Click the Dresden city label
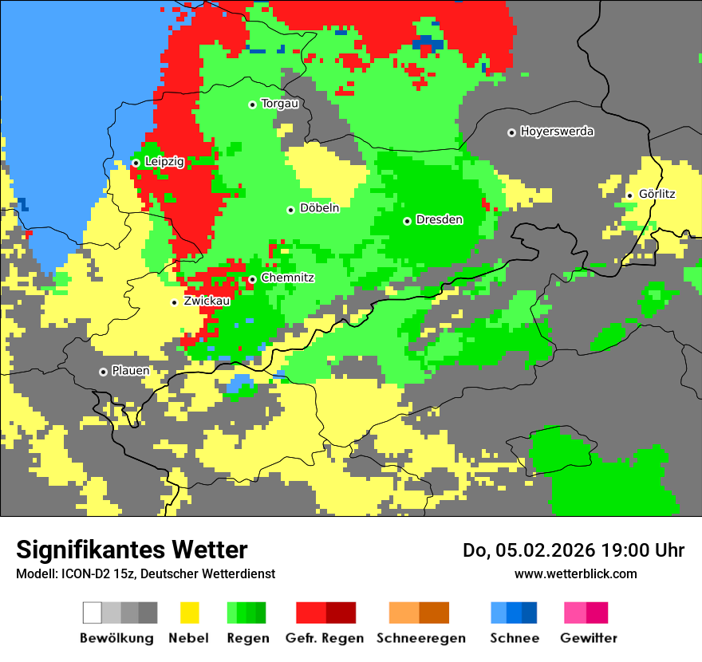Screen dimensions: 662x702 coord(439,220)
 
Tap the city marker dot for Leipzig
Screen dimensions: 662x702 coord(136,163)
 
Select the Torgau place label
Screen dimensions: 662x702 coord(279,104)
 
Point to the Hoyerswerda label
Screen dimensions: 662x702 coord(557,132)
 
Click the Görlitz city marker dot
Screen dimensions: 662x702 coord(629,195)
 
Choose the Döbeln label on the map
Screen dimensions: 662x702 coord(319,209)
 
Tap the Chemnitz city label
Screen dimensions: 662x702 coord(287,278)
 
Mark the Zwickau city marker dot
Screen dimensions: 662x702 coord(174,302)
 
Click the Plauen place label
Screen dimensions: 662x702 coord(130,372)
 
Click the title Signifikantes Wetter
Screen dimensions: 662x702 coord(132,550)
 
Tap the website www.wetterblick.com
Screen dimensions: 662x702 coord(575,573)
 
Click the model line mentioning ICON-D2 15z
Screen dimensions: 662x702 coord(145,573)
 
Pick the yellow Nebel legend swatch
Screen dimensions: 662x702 coord(189,613)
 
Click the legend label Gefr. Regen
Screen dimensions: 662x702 coord(325,638)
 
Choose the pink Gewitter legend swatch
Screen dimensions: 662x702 coord(575,613)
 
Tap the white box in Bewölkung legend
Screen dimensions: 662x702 coord(93,613)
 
